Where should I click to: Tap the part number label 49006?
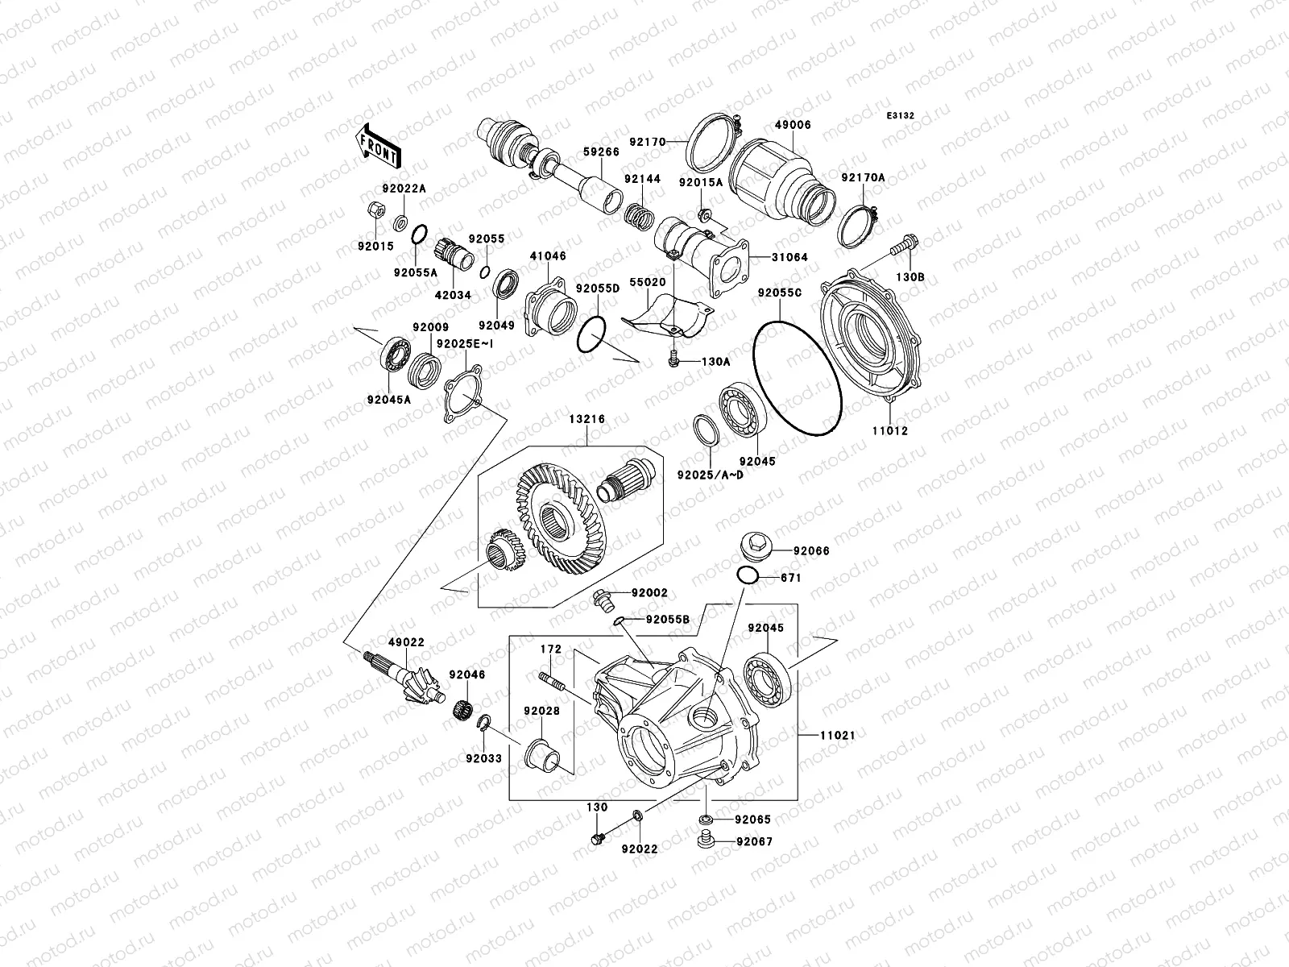coord(793,125)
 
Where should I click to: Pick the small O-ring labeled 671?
coord(747,575)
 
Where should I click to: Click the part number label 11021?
coord(838,736)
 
